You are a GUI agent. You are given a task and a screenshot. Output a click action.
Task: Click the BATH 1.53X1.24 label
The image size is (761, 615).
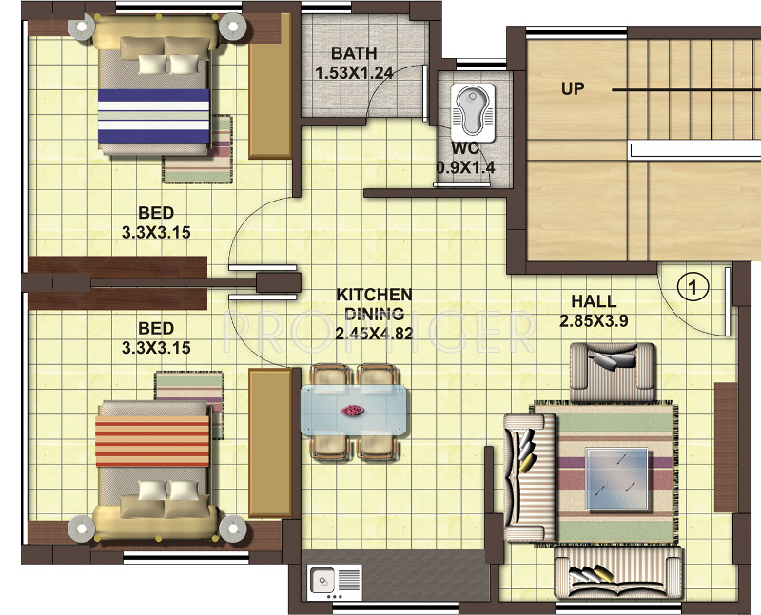pos(353,62)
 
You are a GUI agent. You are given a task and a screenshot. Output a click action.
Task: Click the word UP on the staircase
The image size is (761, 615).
pos(573,89)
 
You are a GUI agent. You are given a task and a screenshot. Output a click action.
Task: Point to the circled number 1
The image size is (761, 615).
pos(694,284)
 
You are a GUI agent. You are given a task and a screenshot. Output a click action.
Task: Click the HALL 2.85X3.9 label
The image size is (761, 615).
pos(594,312)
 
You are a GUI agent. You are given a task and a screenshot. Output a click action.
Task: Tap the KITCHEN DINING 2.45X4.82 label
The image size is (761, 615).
pos(374,314)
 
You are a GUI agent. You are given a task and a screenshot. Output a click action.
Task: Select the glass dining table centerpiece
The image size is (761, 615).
pos(353,411)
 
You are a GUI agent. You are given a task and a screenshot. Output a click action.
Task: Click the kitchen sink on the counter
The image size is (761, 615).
pos(322,577)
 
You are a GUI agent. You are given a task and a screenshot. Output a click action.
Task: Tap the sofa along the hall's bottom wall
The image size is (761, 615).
pos(617,575)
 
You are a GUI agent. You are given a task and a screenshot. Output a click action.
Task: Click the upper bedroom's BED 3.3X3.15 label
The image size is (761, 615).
pos(156,221)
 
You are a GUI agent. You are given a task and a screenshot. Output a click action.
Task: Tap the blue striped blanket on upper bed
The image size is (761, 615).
pos(154,114)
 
